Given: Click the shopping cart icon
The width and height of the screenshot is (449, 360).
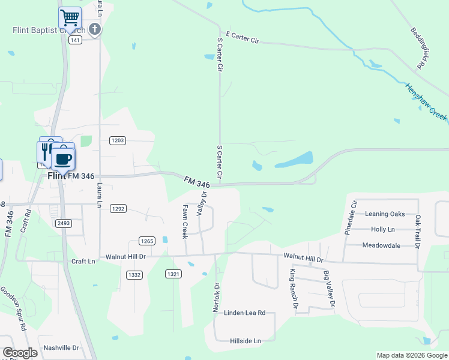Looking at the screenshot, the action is click(x=70, y=17).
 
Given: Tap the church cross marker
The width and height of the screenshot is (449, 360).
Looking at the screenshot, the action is click(x=94, y=28).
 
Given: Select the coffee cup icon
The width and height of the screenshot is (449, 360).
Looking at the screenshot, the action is click(x=62, y=159).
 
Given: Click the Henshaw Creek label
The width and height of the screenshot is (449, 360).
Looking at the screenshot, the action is click(x=427, y=102).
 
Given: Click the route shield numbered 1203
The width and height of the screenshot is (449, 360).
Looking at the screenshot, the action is click(x=118, y=140).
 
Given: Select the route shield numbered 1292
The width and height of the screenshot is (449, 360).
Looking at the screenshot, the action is click(x=118, y=208).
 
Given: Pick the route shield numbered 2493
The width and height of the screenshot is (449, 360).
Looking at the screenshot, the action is click(x=64, y=223).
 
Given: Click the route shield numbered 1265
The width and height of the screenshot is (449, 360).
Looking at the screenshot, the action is click(x=146, y=241).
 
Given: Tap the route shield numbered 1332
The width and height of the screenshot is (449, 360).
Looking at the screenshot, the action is click(x=134, y=274).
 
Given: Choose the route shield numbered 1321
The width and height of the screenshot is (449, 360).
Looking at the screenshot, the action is click(x=173, y=274).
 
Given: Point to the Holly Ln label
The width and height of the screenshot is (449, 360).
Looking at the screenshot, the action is click(x=382, y=229).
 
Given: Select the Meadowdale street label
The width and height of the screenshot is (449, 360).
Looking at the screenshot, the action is click(x=381, y=245).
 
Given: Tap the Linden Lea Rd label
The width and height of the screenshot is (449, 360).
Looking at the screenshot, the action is click(x=244, y=313).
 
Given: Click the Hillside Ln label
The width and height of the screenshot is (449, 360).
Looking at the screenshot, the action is click(x=246, y=341).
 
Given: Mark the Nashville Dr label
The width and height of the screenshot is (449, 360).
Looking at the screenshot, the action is click(x=61, y=347).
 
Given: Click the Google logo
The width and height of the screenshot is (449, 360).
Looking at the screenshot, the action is click(x=20, y=352).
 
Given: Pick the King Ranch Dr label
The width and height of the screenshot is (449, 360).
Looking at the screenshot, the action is click(x=293, y=289).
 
